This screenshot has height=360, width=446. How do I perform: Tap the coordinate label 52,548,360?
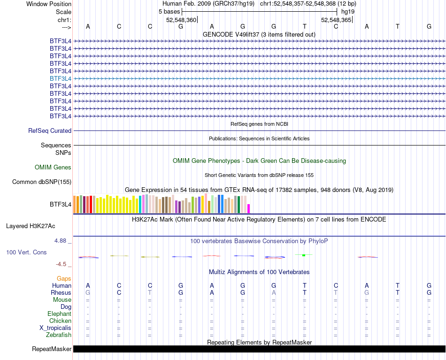(181, 20)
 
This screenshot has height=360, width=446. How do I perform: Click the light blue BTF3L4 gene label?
(61, 78)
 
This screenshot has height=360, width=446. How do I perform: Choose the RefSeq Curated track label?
(50, 131)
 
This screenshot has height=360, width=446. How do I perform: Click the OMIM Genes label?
(53, 167)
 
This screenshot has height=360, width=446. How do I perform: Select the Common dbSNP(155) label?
(42, 182)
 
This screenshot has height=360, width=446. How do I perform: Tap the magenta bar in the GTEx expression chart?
(249, 208)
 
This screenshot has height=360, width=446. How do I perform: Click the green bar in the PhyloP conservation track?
(304, 255)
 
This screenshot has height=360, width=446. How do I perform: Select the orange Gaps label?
(64, 279)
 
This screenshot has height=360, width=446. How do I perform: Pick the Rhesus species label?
(61, 293)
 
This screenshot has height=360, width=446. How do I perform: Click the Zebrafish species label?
(59, 335)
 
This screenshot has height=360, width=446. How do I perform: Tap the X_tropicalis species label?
(55, 328)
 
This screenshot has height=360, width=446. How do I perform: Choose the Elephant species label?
(59, 314)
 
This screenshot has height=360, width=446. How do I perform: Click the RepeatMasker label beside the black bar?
(52, 349)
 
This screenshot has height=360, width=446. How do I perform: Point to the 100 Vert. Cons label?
(26, 253)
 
